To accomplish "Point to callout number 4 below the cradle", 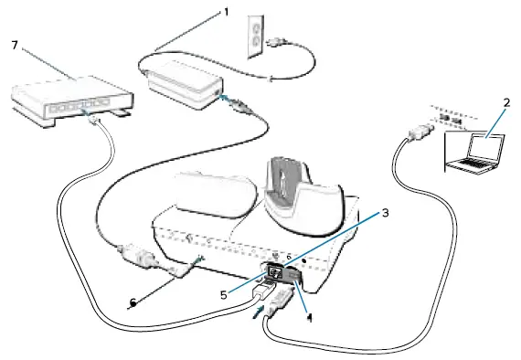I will click(x=310, y=319).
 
